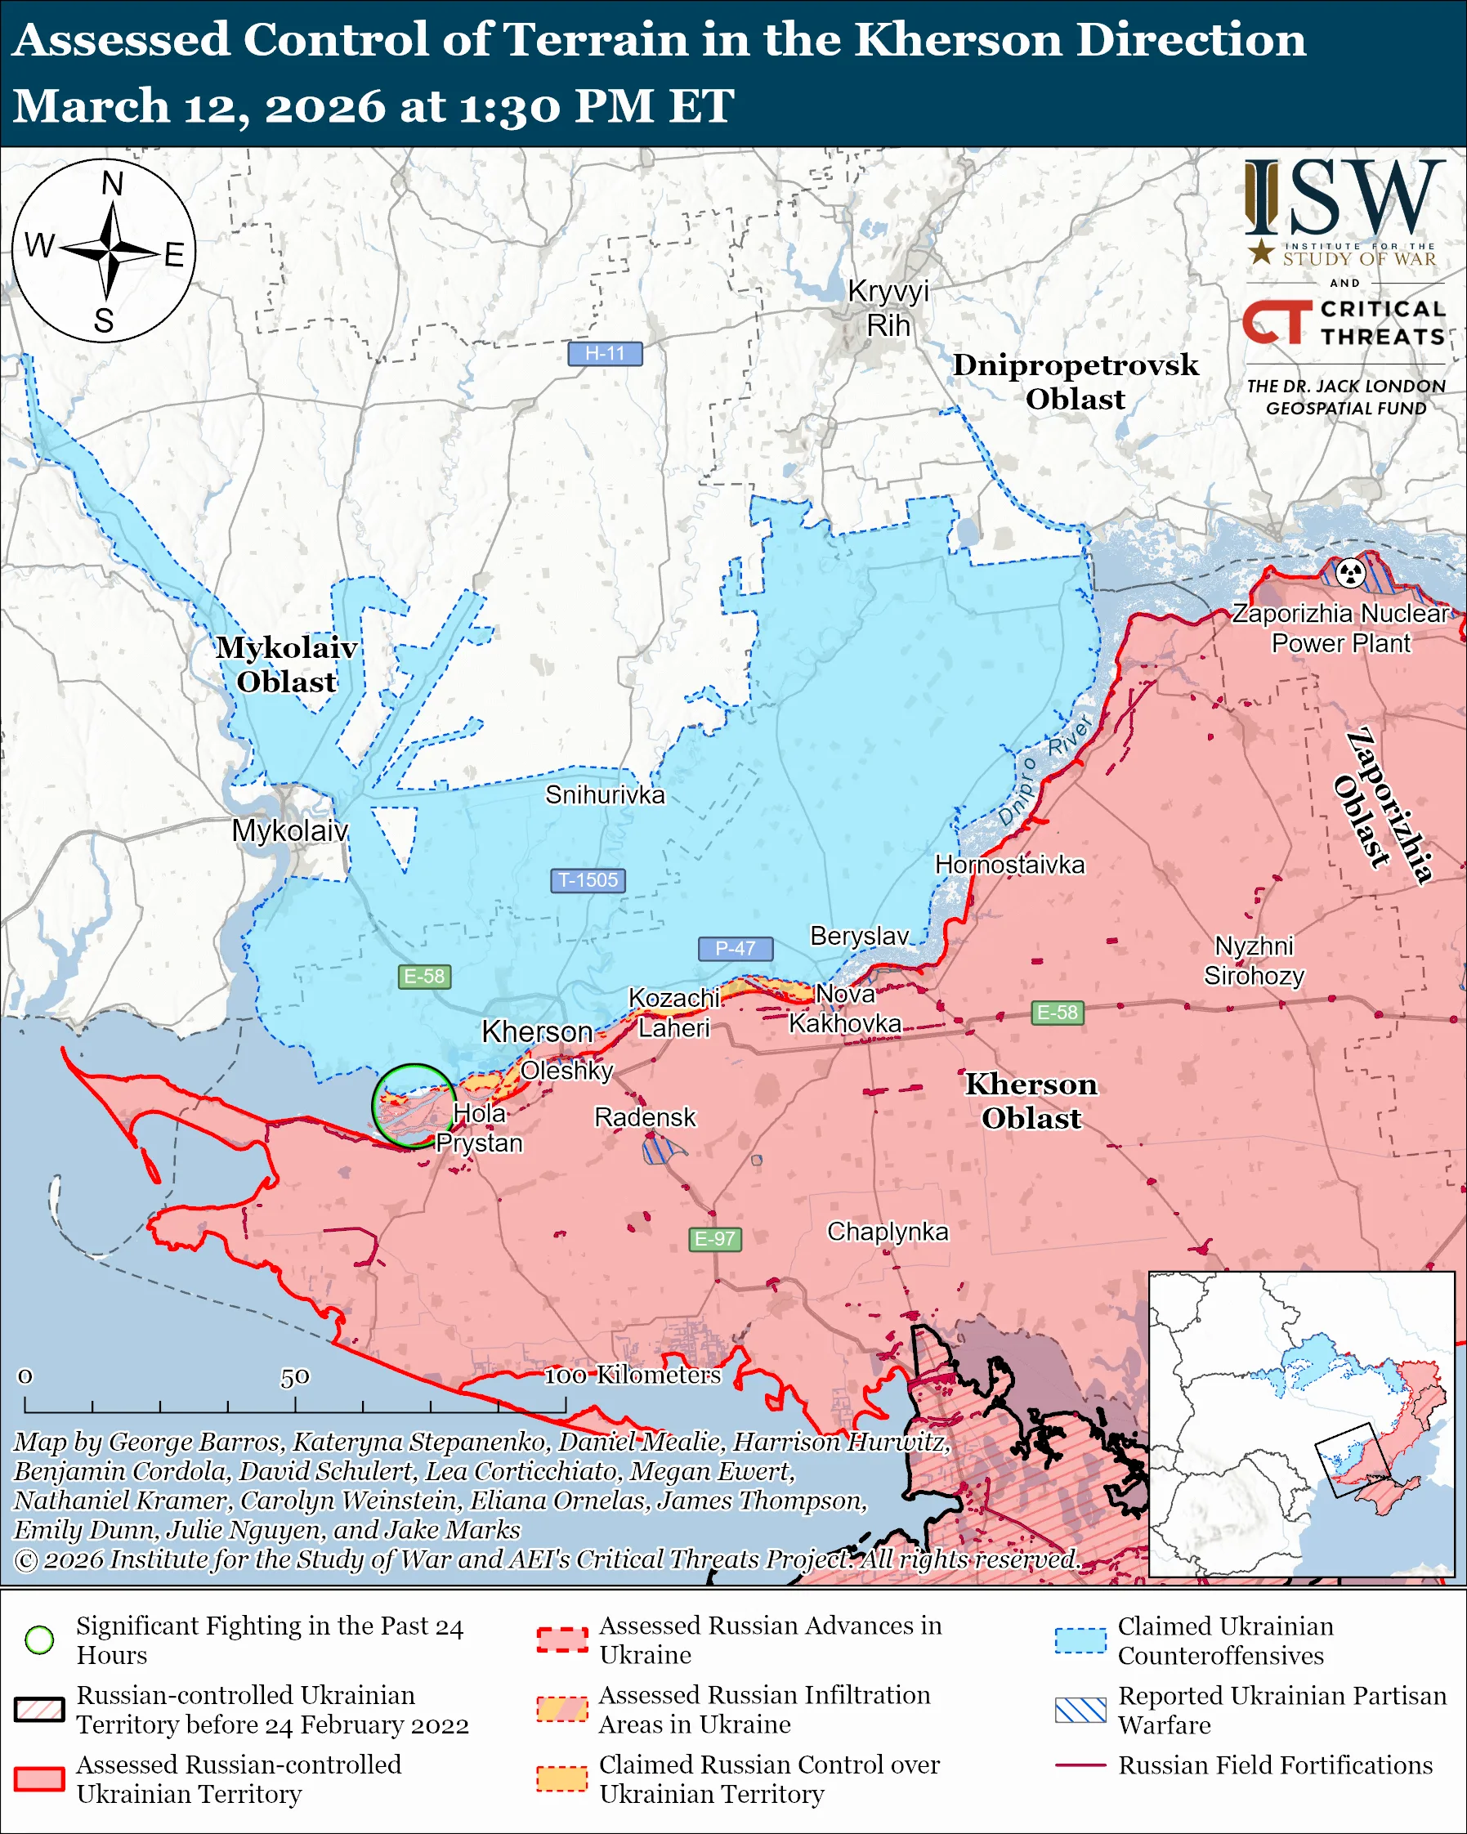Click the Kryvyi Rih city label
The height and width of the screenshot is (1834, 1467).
point(888,308)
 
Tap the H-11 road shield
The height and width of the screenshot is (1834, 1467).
point(605,353)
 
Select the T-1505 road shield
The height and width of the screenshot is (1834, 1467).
point(588,879)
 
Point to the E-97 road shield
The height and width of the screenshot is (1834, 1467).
point(714,1238)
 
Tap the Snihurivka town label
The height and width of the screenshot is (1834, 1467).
point(605,794)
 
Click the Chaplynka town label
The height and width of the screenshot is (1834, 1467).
point(887,1231)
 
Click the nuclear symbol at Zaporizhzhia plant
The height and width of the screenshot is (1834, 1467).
point(1350,572)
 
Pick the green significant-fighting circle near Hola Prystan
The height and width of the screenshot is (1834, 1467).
point(414,1105)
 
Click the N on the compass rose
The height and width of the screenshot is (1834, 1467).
point(112,184)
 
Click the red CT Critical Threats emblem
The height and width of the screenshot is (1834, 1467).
point(1277,321)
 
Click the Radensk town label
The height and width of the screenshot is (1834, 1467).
point(645,1117)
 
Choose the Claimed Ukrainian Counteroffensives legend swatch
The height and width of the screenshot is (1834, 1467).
point(1080,1640)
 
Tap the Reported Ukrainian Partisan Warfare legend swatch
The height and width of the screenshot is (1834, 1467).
point(1080,1710)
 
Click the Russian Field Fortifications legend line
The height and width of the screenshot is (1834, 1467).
point(1080,1765)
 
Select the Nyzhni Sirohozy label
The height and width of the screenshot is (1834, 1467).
point(1254,959)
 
